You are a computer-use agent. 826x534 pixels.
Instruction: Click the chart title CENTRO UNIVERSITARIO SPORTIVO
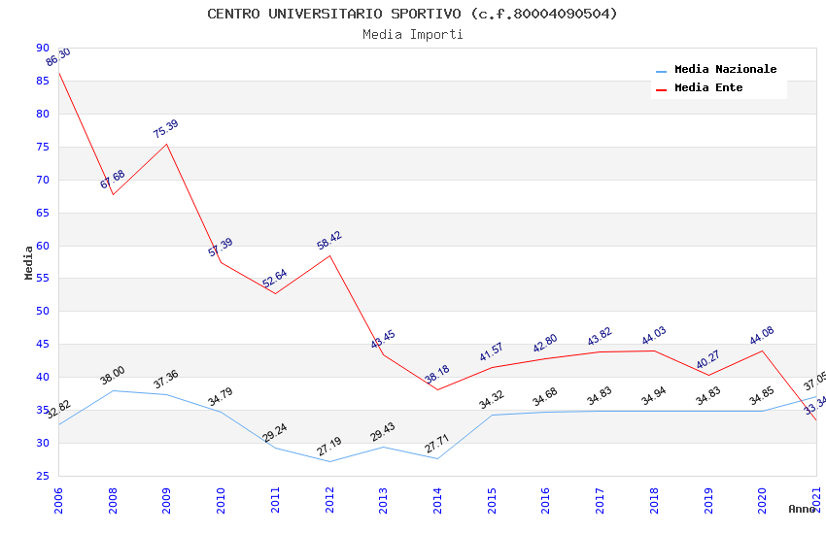click(412, 14)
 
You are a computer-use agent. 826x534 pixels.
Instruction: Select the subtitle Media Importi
click(412, 34)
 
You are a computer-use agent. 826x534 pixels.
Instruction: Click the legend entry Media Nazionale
click(725, 70)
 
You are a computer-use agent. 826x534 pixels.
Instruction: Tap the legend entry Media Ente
click(708, 87)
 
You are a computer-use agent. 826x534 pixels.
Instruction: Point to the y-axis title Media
click(29, 262)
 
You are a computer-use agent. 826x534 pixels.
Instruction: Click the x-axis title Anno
click(802, 509)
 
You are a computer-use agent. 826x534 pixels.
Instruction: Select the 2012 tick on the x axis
click(329, 499)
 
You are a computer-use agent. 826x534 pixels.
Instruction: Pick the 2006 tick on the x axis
click(58, 499)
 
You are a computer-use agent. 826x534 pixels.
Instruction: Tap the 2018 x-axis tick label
click(654, 499)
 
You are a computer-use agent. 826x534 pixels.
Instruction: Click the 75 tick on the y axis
click(42, 147)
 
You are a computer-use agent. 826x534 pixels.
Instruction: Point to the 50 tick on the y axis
click(42, 311)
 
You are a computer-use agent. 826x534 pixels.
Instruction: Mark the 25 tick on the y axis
click(42, 476)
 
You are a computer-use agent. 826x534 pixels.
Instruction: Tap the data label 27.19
click(329, 447)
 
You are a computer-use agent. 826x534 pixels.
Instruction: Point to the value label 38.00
click(113, 376)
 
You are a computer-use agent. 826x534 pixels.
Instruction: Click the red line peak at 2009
click(166, 144)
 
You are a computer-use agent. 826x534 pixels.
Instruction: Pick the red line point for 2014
click(437, 389)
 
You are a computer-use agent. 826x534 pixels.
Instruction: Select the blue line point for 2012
click(329, 461)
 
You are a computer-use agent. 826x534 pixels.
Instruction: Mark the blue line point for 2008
click(113, 390)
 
